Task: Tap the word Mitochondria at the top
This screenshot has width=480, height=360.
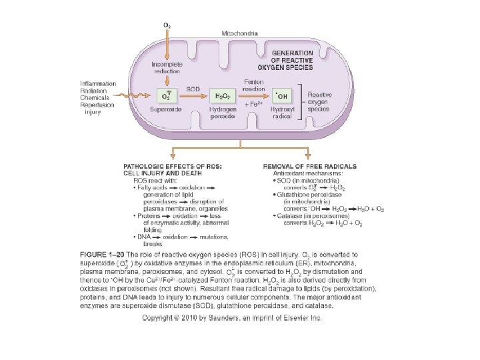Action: pos(240,33)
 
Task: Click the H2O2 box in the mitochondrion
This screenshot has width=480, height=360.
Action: pos(220,97)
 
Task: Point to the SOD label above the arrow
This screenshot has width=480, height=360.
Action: pos(192,89)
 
